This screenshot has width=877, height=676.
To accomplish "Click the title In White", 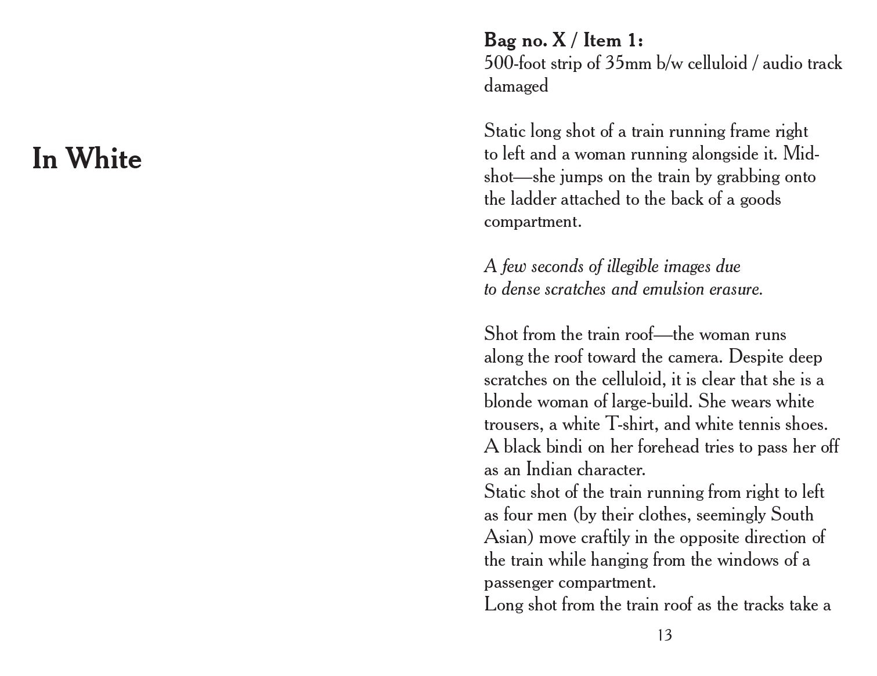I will pyautogui.click(x=87, y=158).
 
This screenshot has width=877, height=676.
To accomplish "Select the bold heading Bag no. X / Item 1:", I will pyautogui.click(x=563, y=41).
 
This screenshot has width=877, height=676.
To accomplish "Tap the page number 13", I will pyautogui.click(x=665, y=635).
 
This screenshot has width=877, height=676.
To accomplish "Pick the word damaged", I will pyautogui.click(x=516, y=86).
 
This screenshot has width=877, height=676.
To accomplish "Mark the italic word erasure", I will pyautogui.click(x=736, y=289).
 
